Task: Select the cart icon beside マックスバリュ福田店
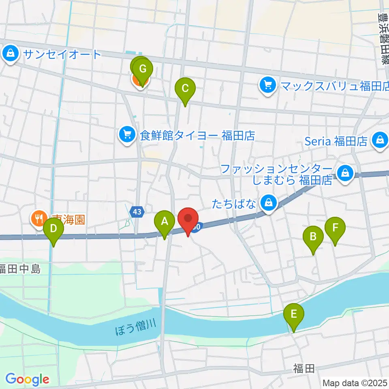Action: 267,85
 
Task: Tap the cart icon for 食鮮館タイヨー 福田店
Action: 127,135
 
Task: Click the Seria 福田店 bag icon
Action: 380,141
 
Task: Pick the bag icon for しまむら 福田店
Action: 346,173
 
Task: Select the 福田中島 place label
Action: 20,269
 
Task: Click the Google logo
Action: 27,379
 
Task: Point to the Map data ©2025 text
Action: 355,383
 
